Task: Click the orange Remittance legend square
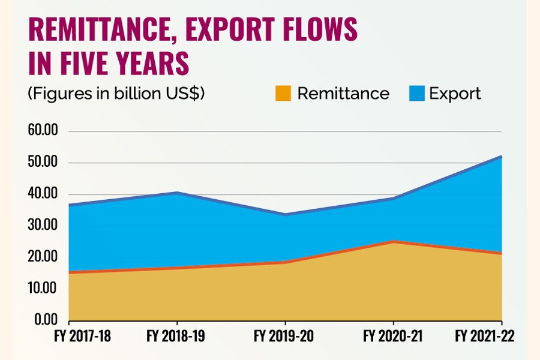point(283,94)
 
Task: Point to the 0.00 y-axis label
point(46,320)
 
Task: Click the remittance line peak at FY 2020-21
point(393,242)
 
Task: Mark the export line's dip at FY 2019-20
point(284,214)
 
